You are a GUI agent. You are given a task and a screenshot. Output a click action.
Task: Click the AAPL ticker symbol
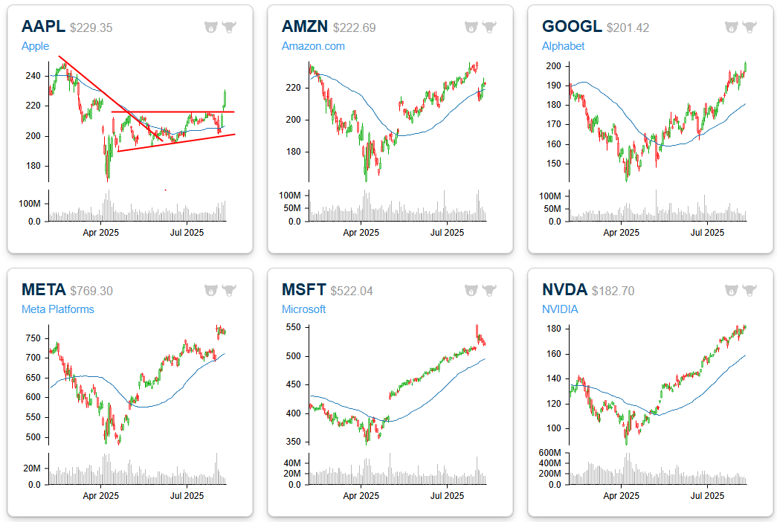[x=43, y=27]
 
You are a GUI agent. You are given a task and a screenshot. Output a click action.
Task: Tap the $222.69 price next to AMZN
[x=354, y=28]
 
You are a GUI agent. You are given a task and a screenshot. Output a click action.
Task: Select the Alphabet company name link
[x=563, y=46]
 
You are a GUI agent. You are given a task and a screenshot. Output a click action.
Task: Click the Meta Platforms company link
[x=58, y=309]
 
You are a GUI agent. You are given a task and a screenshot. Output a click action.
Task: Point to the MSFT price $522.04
[x=353, y=291]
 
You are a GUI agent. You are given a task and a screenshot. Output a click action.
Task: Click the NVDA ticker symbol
[x=564, y=290]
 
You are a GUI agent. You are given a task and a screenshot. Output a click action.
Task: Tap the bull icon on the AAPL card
[x=229, y=28]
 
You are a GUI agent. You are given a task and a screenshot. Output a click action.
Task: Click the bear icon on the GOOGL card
[x=731, y=28]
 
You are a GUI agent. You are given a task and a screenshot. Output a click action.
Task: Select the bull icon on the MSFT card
[x=489, y=290]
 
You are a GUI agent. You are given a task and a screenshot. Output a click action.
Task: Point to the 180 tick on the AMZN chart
[x=294, y=152]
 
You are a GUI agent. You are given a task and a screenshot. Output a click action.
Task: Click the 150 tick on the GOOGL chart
[x=555, y=164]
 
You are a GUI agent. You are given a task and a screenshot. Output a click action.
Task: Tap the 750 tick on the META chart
[x=34, y=338]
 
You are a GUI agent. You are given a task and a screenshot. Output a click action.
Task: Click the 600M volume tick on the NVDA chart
[x=551, y=453]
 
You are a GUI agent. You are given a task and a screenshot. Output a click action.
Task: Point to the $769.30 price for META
[x=91, y=291]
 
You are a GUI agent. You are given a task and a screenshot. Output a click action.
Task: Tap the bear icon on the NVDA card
[x=731, y=290]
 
